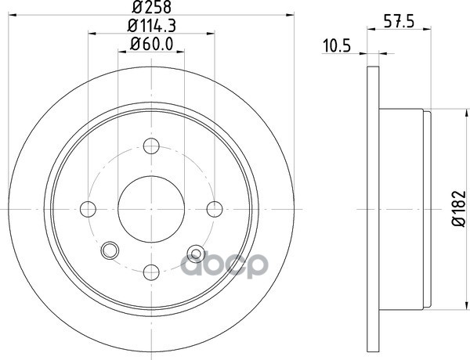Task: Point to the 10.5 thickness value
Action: point(335,45)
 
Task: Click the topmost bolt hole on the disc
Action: point(152,146)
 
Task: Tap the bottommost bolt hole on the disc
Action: point(152,271)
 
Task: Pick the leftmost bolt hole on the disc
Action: point(89,208)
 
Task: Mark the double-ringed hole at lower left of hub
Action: point(110,250)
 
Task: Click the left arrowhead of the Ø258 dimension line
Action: point(14,15)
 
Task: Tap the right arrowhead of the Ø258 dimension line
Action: point(289,15)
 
